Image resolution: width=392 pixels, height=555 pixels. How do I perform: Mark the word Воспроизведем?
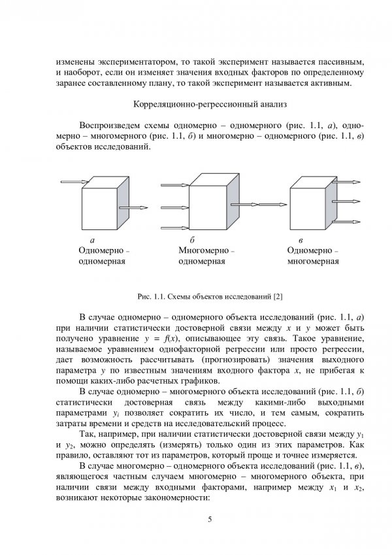[110, 125]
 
